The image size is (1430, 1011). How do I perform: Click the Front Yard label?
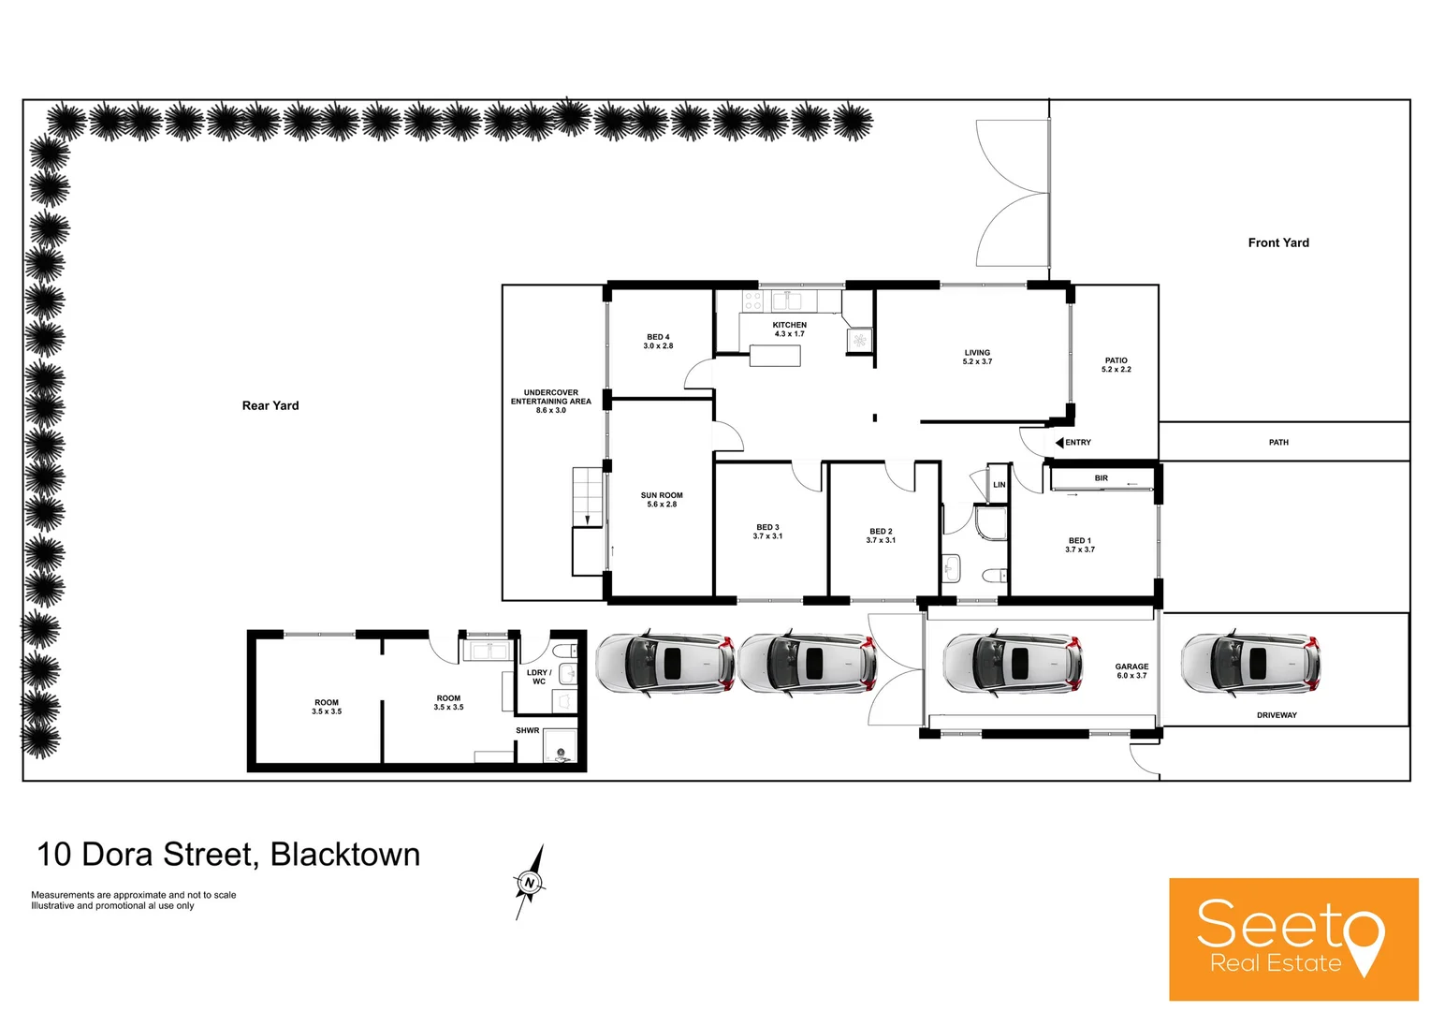[x=1277, y=242]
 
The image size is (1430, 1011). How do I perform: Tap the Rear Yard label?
[x=270, y=405]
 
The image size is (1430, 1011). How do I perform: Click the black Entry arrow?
[x=1059, y=443]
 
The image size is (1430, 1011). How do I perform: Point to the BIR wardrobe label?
[x=1101, y=478]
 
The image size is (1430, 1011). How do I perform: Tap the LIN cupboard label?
[x=999, y=485]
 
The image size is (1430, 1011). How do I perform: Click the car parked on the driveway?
[x=1250, y=663]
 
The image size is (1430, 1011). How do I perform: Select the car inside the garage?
[x=1013, y=663]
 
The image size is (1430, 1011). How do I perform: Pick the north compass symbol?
[x=530, y=882]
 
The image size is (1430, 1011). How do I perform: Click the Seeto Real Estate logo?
[x=1292, y=939]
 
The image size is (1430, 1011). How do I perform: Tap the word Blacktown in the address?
[x=344, y=855]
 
